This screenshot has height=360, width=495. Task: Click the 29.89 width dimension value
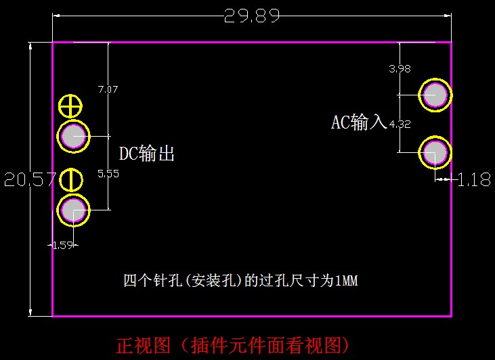tap(252, 16)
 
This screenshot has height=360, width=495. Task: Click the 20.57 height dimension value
tap(28, 180)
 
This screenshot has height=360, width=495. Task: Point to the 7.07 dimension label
tap(108, 89)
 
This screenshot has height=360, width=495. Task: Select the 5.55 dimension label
tap(108, 174)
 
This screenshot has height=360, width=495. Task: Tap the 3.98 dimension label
tap(400, 68)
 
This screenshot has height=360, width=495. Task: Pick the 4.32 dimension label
tap(400, 124)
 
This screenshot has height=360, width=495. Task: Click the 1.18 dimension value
tap(474, 180)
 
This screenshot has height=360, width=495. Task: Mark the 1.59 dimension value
tap(62, 245)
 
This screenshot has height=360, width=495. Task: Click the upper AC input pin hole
tap(435, 95)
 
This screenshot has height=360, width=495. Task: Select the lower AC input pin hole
tap(435, 154)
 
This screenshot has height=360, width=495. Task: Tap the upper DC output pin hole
tap(73, 137)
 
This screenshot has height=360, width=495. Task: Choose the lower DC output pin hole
tap(73, 210)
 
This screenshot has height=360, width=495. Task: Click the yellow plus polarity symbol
tap(70, 106)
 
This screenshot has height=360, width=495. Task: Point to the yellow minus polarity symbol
tap(71, 180)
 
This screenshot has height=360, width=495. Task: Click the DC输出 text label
tap(147, 154)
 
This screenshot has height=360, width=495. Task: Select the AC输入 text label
tap(358, 122)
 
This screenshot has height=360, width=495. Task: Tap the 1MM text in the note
tap(346, 280)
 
